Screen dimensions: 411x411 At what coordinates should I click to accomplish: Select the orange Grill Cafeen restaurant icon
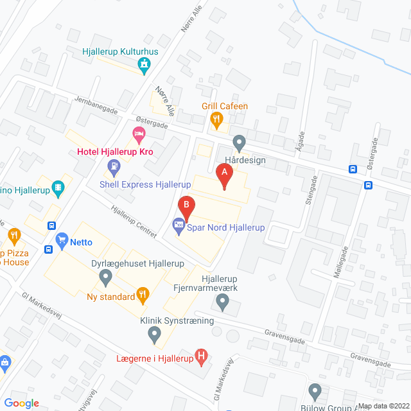tap(216, 118)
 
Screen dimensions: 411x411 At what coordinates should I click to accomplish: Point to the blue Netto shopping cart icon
tap(62, 242)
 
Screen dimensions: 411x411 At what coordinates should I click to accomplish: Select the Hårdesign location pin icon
tap(239, 141)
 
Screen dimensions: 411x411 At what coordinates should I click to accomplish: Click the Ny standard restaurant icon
tap(143, 296)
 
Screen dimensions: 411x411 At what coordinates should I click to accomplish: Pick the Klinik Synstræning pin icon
tap(154, 333)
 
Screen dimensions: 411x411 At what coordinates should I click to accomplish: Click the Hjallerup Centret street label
tap(134, 220)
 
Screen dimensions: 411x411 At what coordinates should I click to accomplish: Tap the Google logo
tap(22, 403)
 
